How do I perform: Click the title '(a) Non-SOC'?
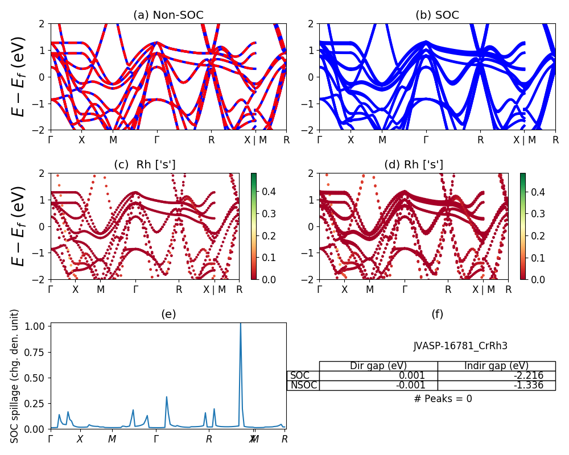coord(168,15)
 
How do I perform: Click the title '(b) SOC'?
coord(437,15)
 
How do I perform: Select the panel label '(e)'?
coord(168,314)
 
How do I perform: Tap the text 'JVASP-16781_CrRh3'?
coord(460,346)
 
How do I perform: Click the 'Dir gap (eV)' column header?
coord(378,366)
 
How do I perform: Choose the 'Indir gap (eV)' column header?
coord(496,366)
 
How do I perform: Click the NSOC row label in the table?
coord(303,385)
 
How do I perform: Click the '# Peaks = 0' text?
coord(443,399)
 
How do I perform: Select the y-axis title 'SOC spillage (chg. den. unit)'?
coord(15,375)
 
